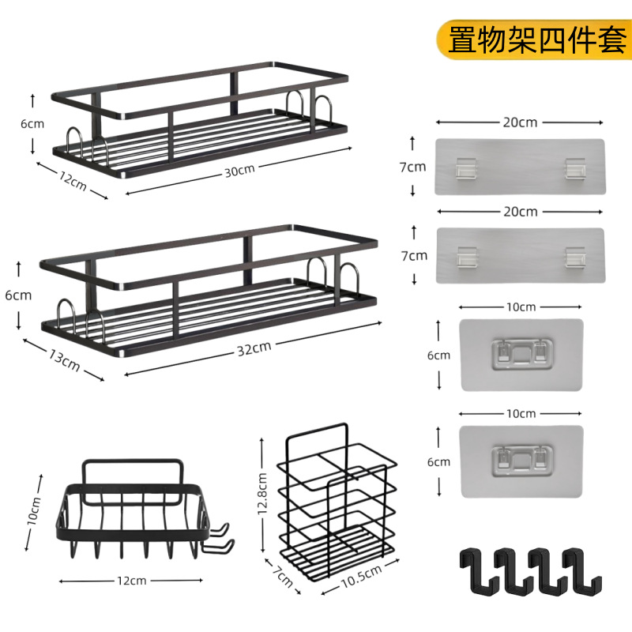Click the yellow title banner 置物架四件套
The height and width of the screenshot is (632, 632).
tap(537, 39)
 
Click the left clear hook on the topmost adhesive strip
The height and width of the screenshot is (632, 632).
tap(465, 167)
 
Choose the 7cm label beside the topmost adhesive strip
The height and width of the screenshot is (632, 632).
tap(412, 167)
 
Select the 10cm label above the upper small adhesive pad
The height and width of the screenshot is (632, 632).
tap(521, 307)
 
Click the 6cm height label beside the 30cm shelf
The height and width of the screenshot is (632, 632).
tap(32, 123)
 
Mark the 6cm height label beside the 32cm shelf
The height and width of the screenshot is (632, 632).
tap(17, 295)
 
